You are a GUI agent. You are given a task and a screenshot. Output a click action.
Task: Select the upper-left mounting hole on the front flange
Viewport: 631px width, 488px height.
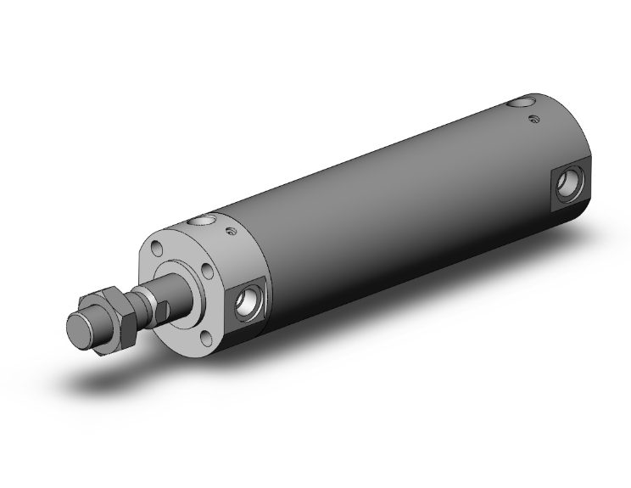click(158, 248)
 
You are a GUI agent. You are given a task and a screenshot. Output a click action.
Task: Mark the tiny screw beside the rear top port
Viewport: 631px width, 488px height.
click(533, 120)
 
